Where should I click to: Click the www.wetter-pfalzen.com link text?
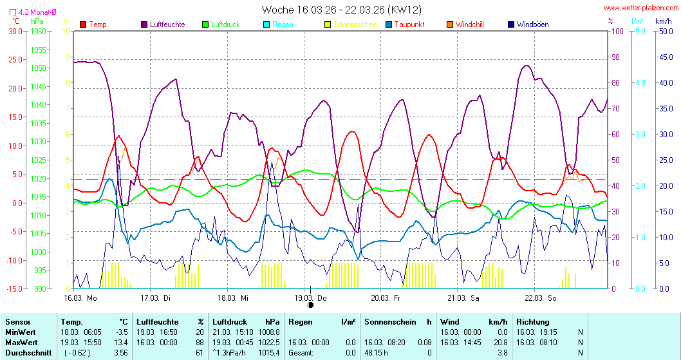point(640,8)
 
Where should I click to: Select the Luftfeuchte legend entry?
point(167,24)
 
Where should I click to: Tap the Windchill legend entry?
point(469,24)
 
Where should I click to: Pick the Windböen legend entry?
point(532,24)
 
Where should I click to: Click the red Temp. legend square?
point(83,24)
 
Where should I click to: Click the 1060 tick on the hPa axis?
point(39,31)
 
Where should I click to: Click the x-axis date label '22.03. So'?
point(540,298)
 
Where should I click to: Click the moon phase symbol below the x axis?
point(310,305)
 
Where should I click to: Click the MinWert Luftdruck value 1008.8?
point(268,332)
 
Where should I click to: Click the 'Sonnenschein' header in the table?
point(389,321)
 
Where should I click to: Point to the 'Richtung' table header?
point(533,321)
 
